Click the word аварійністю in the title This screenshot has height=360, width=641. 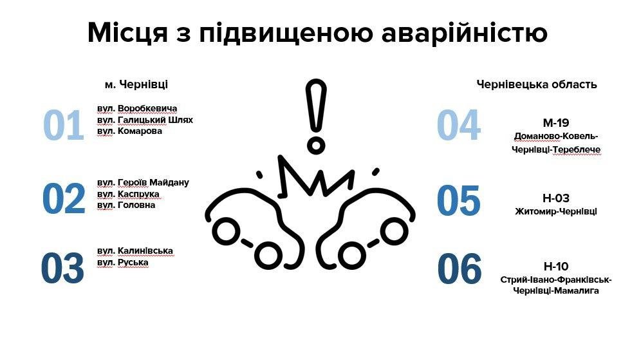click(x=465, y=33)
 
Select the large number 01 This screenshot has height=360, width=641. click(x=63, y=125)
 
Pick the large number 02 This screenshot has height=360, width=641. click(x=64, y=199)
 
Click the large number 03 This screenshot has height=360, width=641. click(x=62, y=268)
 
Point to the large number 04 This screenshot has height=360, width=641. click(x=459, y=125)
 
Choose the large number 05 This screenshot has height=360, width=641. click(x=459, y=200)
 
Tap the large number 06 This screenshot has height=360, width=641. click(x=460, y=269)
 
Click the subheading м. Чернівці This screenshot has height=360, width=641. click(x=136, y=84)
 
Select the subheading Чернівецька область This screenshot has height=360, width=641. click(x=537, y=84)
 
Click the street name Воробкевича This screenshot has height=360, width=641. click(x=147, y=108)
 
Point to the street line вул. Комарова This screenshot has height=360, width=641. click(x=129, y=131)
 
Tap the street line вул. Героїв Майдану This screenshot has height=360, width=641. click(x=143, y=182)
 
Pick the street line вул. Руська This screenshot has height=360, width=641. click(x=123, y=262)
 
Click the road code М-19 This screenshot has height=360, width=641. click(x=556, y=123)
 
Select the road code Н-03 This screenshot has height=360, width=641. click(x=556, y=198)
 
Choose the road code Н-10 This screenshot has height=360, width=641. click(x=556, y=267)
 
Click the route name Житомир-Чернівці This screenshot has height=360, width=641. click(x=556, y=211)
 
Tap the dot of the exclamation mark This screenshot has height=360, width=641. click(x=315, y=146)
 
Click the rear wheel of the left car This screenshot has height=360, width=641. click(x=226, y=231)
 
